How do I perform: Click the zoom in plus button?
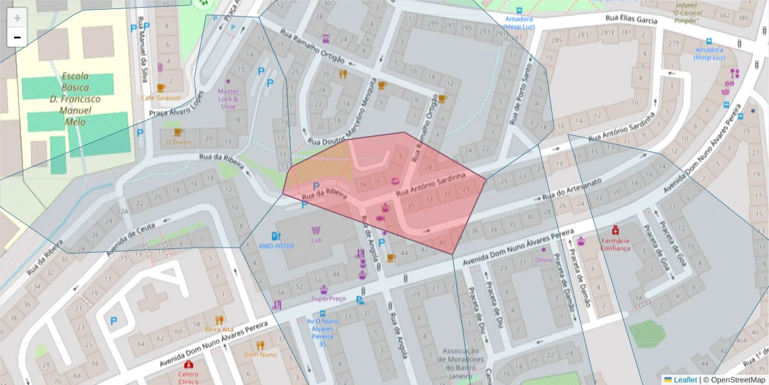tap(17, 18)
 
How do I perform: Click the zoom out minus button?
tap(17, 37)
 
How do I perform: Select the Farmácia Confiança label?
tap(615, 244)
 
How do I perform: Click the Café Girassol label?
tap(161, 98)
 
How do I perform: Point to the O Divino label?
tap(179, 142)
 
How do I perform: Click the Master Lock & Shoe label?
tap(227, 99)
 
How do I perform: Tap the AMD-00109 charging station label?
tap(276, 246)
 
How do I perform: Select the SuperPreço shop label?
tap(328, 298)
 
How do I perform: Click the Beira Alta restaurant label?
tap(219, 329)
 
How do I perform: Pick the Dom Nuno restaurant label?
tap(260, 354)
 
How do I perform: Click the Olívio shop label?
tap(543, 260)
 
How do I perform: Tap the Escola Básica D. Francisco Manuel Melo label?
tap(75, 99)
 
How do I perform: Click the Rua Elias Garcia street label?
tap(630, 20)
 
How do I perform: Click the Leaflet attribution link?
tap(685, 380)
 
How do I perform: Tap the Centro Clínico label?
tap(188, 377)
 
